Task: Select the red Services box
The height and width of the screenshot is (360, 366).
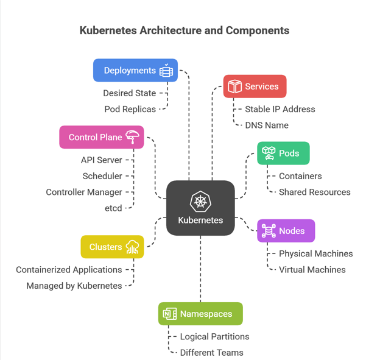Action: pos(255,86)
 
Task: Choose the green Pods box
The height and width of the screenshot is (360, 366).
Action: pos(283,153)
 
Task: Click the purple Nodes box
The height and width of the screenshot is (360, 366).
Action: pos(286,231)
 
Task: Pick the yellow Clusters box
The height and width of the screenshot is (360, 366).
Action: pos(112,247)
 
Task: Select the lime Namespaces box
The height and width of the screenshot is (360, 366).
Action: pos(200,314)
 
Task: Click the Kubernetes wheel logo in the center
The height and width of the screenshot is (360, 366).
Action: pos(200,202)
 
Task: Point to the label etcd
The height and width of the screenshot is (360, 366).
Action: pos(113,208)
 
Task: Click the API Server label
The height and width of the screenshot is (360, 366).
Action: pos(102,160)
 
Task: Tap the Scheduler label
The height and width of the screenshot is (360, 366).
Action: pos(102,176)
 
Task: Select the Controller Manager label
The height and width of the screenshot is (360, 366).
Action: pos(84,192)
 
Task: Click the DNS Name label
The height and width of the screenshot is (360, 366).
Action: pos(267,125)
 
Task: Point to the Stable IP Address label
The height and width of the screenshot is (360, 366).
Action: pos(280,109)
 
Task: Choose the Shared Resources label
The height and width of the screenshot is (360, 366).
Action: pos(314,192)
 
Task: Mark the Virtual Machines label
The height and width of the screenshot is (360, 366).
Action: pos(312,269)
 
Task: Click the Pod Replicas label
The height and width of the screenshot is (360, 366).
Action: pos(130,109)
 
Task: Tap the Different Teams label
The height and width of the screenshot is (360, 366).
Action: pos(211,352)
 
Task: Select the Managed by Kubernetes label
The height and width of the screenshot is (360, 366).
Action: pos(74,285)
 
